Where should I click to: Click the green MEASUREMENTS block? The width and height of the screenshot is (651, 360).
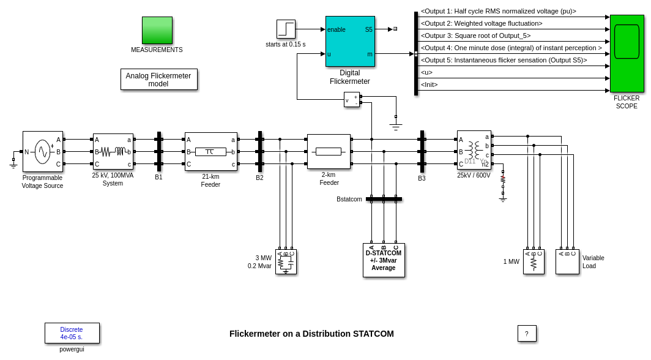(157, 30)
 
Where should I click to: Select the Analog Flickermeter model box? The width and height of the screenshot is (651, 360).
(158, 80)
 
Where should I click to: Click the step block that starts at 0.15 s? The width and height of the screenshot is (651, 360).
(286, 29)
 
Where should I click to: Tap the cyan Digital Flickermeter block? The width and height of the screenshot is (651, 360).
(350, 41)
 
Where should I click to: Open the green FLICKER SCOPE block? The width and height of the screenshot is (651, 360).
(627, 54)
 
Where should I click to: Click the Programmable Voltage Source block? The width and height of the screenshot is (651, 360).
(42, 151)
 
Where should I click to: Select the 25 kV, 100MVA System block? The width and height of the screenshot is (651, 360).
(113, 151)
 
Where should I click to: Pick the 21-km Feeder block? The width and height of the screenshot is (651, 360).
(210, 151)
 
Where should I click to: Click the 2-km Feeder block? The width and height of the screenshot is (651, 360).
(329, 151)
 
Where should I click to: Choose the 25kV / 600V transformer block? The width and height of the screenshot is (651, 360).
(474, 149)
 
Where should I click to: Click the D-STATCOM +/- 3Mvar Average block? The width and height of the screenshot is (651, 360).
(384, 260)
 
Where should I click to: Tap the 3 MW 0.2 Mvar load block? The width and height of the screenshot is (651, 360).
(286, 261)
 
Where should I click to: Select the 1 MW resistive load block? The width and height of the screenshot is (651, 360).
(534, 261)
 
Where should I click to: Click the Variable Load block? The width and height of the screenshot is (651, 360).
(567, 261)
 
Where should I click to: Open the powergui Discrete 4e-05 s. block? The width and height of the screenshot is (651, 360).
(72, 333)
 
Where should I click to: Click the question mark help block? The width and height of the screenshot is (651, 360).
(527, 334)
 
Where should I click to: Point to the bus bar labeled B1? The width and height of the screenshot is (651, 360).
(159, 151)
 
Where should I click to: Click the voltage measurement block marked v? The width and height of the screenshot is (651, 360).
(351, 99)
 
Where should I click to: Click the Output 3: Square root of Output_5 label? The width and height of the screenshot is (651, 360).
(476, 36)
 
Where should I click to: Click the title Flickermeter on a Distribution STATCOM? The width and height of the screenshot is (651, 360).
(311, 334)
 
